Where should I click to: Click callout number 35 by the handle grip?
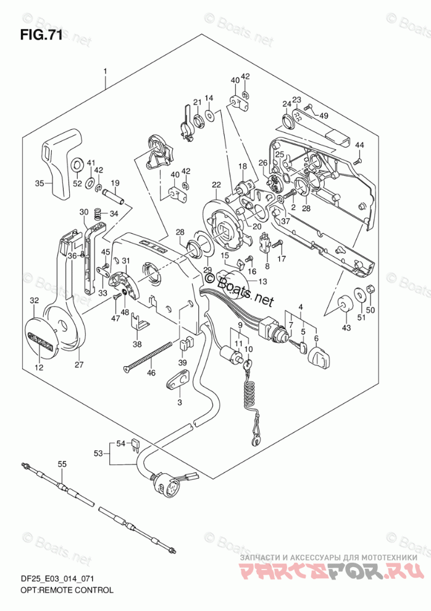[40, 184]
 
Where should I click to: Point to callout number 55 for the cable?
[62, 463]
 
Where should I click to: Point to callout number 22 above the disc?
[216, 186]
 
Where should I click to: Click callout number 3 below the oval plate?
[180, 403]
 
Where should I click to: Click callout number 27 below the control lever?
[79, 364]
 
